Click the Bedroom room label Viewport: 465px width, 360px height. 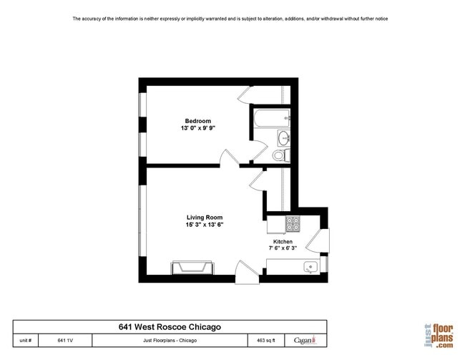point(197,121)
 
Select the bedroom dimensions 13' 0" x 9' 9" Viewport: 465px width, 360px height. point(197,128)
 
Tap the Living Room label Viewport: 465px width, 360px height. point(205,218)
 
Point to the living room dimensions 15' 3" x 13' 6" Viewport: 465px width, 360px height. point(205,225)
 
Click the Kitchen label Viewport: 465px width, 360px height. point(283,242)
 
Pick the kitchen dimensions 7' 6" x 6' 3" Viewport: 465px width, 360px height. point(283,249)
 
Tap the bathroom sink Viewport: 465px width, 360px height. point(283,138)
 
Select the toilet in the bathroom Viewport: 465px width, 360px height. point(280,155)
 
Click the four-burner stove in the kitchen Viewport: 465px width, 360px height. point(293,224)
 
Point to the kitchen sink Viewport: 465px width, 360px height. point(310,268)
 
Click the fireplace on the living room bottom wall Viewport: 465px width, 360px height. point(191,268)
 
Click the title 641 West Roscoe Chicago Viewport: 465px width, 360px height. point(170,327)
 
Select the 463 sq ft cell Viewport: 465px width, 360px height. point(267,341)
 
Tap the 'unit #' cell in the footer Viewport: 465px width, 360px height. point(26,341)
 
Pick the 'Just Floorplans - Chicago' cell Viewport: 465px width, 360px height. point(170,341)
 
